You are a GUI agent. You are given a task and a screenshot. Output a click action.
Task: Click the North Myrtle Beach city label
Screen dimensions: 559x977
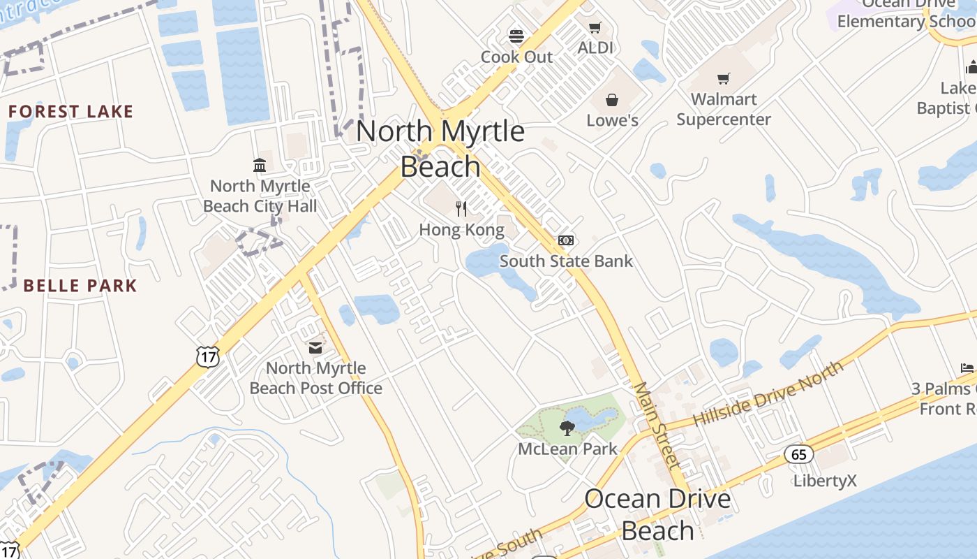click(440, 148)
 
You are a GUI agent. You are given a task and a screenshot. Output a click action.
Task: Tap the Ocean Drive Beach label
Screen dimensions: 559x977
click(657, 514)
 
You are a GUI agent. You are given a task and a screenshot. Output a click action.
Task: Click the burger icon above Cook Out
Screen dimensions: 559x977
click(516, 36)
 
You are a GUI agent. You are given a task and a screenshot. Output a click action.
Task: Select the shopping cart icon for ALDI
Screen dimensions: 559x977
click(595, 28)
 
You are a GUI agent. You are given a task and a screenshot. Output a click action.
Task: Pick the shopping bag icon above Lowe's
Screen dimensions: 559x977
click(612, 100)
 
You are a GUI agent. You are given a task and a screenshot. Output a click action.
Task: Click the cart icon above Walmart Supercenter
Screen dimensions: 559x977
click(724, 79)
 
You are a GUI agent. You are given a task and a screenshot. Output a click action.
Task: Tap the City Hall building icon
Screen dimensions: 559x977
click(260, 165)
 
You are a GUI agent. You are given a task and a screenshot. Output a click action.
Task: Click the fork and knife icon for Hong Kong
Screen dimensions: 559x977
click(461, 208)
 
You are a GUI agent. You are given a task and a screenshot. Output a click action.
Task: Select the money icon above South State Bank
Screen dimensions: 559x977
click(566, 240)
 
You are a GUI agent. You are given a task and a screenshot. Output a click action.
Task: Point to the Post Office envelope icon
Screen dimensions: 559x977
click(315, 347)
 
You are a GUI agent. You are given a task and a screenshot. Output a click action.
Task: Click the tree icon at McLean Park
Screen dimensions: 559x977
click(567, 428)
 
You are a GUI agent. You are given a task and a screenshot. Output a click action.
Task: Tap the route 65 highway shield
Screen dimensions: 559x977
click(799, 455)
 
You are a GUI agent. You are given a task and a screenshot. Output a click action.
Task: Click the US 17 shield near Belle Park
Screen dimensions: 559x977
click(207, 356)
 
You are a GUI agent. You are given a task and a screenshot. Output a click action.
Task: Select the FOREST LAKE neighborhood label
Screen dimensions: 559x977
click(70, 112)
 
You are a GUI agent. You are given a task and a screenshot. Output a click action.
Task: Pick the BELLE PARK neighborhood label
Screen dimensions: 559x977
click(80, 286)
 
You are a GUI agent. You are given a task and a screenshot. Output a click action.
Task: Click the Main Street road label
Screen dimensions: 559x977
click(657, 426)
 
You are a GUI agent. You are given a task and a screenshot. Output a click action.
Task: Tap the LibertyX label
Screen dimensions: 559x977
click(825, 481)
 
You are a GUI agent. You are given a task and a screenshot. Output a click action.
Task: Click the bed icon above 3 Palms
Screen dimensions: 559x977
click(967, 368)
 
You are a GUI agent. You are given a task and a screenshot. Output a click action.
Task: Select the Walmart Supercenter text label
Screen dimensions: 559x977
click(724, 109)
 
